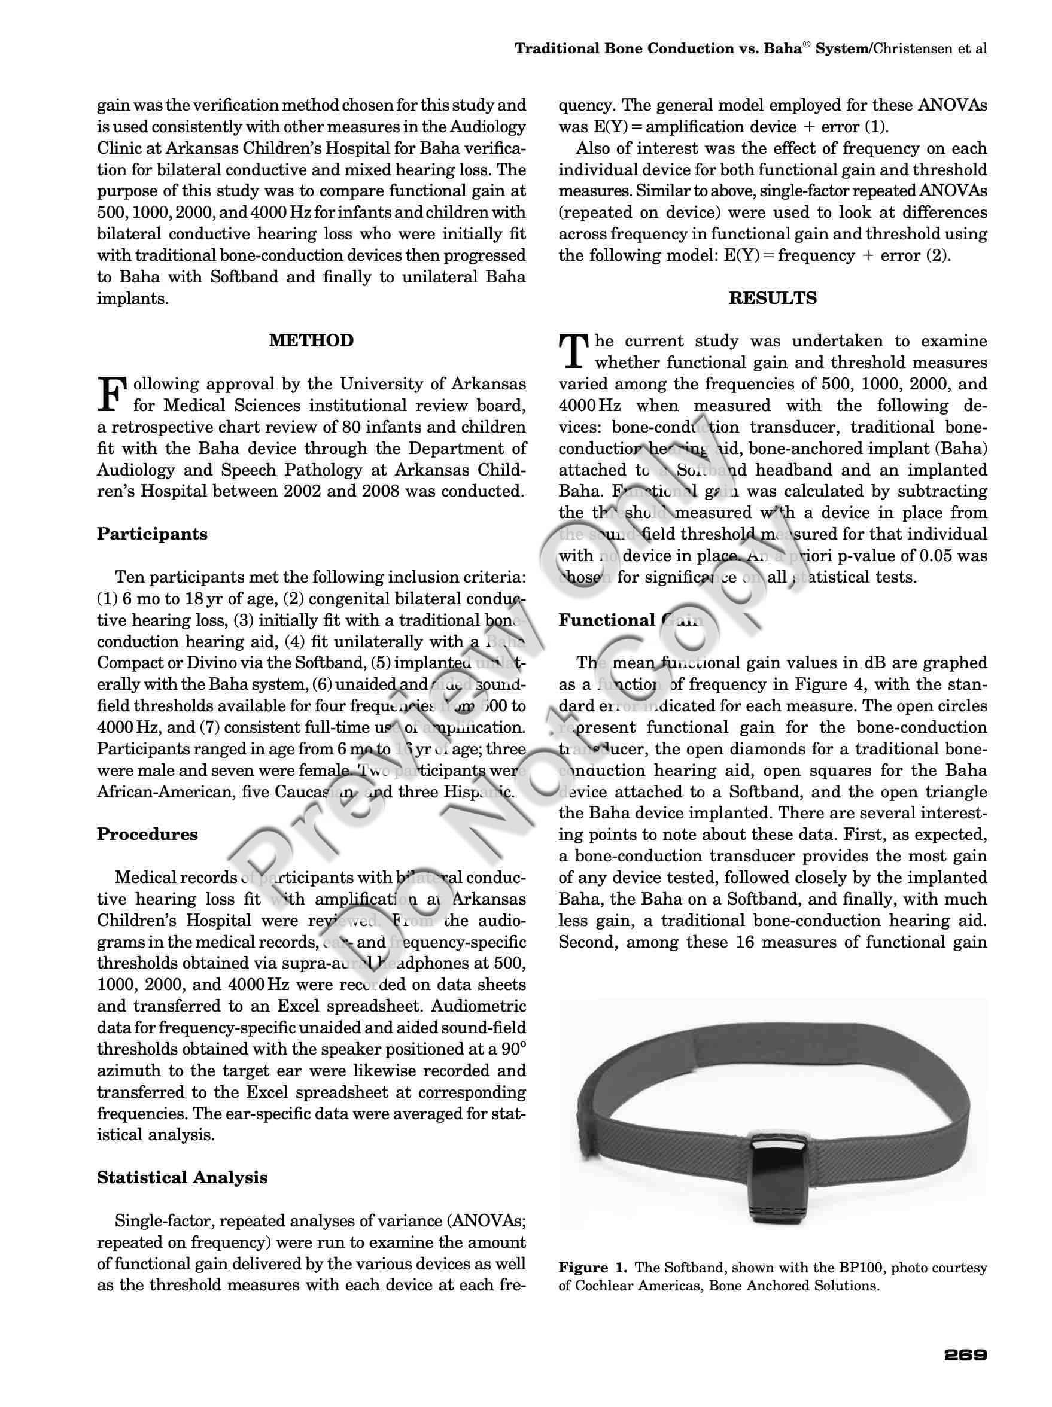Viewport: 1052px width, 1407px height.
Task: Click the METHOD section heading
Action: [x=311, y=340]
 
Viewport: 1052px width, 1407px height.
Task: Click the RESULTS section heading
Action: [x=772, y=298]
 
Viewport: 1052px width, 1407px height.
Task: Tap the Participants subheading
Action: [x=152, y=534]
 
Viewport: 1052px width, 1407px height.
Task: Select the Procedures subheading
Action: [x=147, y=834]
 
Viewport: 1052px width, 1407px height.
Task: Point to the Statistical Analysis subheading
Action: [x=182, y=1177]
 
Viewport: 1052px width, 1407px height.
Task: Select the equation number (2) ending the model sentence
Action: [x=938, y=255]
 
